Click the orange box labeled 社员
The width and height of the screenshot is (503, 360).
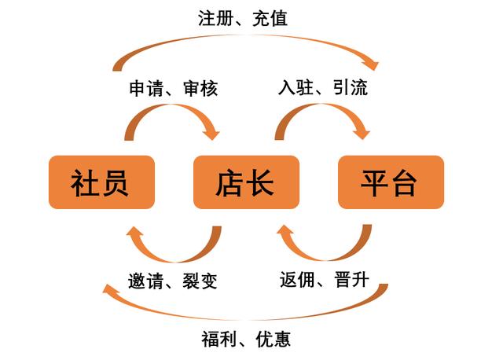(x=101, y=182)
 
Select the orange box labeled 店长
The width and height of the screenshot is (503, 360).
(x=246, y=182)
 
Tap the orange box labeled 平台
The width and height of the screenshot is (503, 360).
(x=391, y=182)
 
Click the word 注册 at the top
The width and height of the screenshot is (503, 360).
(x=215, y=18)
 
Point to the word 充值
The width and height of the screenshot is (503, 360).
(x=270, y=18)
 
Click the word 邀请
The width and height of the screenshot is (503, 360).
(x=147, y=281)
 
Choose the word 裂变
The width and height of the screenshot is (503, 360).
(x=200, y=281)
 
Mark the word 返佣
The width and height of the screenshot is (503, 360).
(x=297, y=279)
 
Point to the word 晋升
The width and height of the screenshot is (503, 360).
(x=351, y=279)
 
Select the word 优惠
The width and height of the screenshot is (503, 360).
(x=272, y=339)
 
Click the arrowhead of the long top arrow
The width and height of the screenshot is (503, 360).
(x=371, y=61)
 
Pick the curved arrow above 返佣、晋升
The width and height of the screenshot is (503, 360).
(x=322, y=250)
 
